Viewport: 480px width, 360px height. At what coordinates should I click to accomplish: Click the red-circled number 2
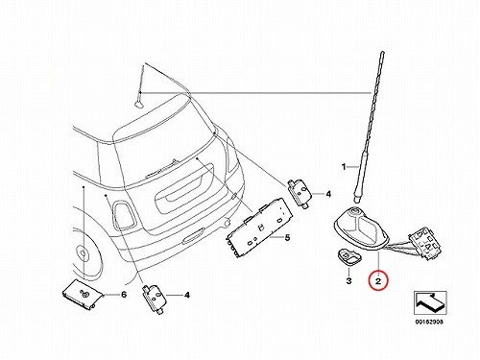point(378,281)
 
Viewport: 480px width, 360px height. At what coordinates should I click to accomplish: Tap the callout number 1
point(344,167)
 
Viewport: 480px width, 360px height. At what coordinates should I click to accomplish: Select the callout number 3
point(348,281)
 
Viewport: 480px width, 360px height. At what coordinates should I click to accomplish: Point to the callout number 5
point(287,237)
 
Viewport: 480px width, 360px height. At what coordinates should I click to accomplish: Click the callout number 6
point(124,295)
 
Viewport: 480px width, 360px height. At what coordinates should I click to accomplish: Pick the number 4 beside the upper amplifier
point(328,194)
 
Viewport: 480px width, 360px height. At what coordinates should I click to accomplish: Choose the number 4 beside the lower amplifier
point(187,295)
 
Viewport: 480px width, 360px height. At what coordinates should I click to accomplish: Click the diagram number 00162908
point(429,322)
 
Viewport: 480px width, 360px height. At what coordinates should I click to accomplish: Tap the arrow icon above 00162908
point(430,302)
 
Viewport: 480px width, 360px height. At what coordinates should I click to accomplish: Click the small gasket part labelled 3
point(348,256)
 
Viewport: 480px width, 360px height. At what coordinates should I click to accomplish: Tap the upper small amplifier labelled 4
point(300,193)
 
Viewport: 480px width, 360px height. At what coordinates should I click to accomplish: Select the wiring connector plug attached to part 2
point(424,243)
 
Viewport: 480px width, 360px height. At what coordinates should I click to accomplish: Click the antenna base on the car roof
point(139,104)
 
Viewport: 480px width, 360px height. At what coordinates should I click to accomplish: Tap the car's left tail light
point(123,215)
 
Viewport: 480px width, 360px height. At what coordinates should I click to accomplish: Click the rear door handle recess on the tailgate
point(184,189)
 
